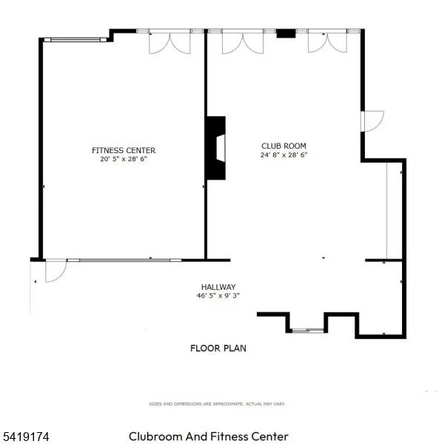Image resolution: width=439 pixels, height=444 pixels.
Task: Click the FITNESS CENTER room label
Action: [124, 150]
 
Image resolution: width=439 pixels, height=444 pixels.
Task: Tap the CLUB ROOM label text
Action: [284, 146]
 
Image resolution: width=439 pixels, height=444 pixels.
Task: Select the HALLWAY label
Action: [218, 287]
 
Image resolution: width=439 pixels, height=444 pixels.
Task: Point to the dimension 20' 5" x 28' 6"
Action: [124, 158]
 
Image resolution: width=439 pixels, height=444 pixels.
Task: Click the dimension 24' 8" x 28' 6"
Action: [284, 155]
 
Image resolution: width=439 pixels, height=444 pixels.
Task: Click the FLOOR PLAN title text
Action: [218, 348]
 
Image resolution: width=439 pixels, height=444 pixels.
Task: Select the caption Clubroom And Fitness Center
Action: [209, 437]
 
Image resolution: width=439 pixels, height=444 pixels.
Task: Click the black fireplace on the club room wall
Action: [216, 147]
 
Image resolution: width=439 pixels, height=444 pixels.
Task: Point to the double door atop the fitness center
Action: [169, 41]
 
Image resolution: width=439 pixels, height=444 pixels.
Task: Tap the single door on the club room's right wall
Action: [372, 121]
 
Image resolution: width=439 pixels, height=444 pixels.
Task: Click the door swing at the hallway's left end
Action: [56, 271]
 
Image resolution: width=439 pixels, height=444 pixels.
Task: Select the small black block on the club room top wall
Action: [286, 33]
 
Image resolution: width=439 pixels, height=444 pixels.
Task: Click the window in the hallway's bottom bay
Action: [307, 329]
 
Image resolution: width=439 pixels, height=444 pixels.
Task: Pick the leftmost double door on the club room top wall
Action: [242, 41]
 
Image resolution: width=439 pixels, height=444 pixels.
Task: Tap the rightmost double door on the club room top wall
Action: [327, 41]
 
